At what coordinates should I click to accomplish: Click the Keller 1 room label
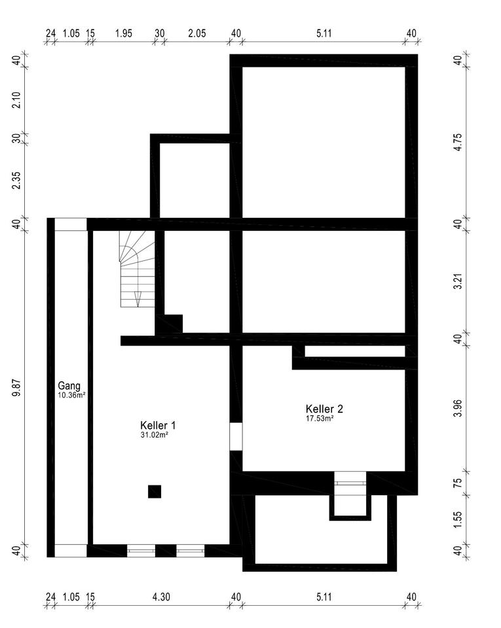click(x=158, y=425)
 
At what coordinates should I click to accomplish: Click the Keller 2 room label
click(x=324, y=409)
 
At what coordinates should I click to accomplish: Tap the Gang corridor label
click(x=69, y=386)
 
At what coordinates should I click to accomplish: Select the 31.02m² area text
click(x=155, y=434)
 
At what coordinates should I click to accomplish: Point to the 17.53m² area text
click(x=320, y=419)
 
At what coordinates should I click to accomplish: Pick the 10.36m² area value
click(x=72, y=395)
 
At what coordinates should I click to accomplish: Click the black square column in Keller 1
click(x=155, y=491)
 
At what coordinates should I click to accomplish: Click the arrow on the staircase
click(x=138, y=299)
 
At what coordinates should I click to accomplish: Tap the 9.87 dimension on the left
click(x=16, y=389)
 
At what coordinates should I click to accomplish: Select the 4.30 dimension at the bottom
click(x=161, y=597)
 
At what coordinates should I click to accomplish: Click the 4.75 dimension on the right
click(x=458, y=142)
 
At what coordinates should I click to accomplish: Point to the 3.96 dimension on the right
click(x=458, y=408)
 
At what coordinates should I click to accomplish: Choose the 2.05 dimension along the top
click(x=197, y=33)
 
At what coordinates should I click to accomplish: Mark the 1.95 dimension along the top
click(x=123, y=33)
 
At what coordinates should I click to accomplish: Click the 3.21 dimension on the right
click(x=458, y=281)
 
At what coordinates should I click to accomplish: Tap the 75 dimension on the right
click(x=458, y=482)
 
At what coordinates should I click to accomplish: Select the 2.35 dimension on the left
click(x=16, y=181)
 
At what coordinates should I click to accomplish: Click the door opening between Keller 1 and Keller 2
click(x=236, y=436)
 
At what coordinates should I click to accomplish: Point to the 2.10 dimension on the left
click(x=16, y=99)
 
